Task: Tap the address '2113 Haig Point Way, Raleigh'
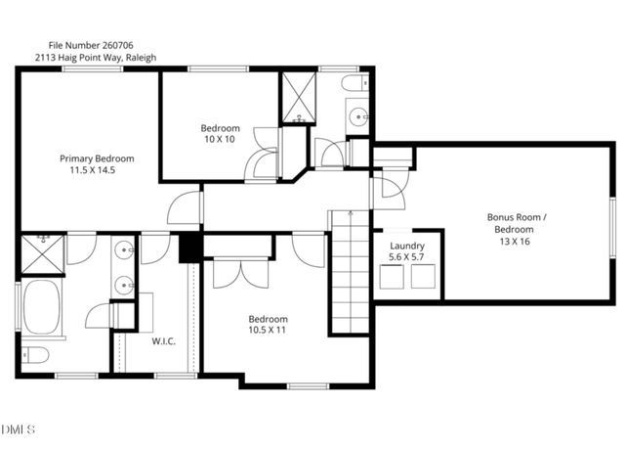[96, 58]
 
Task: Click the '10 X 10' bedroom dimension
[220, 140]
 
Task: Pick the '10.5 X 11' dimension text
[267, 332]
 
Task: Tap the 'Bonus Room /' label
[518, 217]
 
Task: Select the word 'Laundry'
[406, 246]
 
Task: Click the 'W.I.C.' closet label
[163, 341]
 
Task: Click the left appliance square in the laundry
[392, 278]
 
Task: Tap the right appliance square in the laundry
[425, 278]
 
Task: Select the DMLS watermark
[19, 429]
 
